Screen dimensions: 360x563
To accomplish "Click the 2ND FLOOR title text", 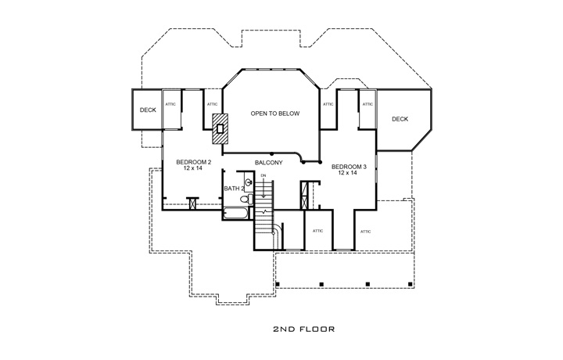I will click(304, 329).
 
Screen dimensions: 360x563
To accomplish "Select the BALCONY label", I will click(268, 163).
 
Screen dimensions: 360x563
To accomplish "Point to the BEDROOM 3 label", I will click(349, 167).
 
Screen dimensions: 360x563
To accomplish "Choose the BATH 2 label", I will click(234, 189).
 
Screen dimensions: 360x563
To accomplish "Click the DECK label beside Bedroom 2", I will click(148, 110).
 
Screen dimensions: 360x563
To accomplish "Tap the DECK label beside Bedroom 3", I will click(400, 119).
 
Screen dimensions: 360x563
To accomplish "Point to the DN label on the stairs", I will click(264, 176).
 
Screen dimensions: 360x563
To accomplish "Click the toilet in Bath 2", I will click(246, 199).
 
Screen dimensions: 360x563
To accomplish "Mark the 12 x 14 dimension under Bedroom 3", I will click(349, 173).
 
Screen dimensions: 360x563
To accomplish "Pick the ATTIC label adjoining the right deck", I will click(368, 103).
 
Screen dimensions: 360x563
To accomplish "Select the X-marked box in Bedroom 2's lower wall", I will click(192, 201).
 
